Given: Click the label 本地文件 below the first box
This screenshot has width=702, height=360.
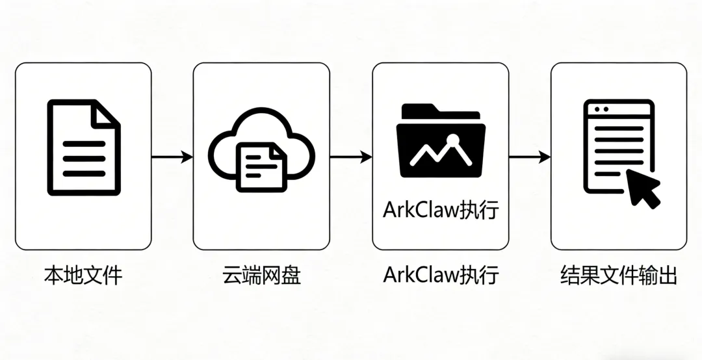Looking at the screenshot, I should tap(83, 275).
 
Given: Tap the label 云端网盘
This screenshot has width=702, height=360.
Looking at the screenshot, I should tap(262, 275).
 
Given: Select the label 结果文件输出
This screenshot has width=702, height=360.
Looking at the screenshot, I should tap(618, 275).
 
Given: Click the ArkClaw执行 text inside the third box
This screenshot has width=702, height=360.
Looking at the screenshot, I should tap(441, 211).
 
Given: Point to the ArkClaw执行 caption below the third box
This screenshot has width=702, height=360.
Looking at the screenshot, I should tap(441, 275).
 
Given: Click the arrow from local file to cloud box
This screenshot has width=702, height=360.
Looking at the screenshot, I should tap(172, 157).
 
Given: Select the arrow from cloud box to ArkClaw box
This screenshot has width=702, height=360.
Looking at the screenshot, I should tap(351, 157).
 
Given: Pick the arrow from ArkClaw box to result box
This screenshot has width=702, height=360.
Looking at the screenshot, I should tap(530, 157).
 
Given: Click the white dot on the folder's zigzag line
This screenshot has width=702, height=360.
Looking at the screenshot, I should tap(453, 138).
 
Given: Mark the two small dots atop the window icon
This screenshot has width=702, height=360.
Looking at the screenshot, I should tap(601, 109).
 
